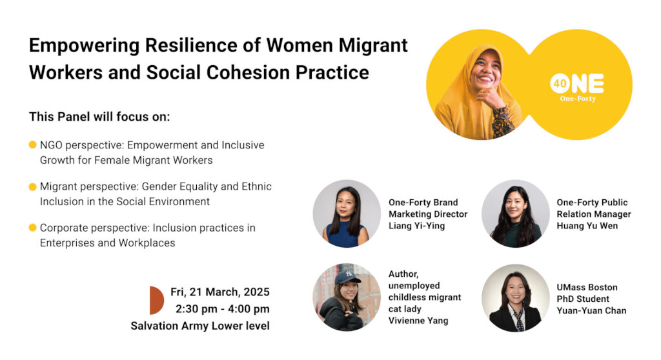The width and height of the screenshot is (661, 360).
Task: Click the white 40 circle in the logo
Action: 560,84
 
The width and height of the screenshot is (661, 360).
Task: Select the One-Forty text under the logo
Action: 578,99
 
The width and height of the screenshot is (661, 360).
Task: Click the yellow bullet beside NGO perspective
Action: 32,145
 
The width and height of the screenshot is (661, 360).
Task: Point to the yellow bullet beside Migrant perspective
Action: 32,186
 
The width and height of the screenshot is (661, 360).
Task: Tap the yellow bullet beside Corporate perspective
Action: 32,228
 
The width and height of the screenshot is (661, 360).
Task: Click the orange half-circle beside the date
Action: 156,301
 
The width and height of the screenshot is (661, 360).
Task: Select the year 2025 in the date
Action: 256,292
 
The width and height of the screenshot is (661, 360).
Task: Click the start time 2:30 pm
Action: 197,309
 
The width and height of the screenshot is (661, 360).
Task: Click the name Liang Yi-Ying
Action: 416,226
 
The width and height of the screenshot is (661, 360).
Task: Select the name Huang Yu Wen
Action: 587,226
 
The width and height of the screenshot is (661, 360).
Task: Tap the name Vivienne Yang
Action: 418,321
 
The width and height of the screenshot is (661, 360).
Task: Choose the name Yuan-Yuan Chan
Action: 591,311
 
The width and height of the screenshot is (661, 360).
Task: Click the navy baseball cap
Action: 347,277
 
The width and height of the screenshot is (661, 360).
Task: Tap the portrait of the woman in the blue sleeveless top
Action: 347,214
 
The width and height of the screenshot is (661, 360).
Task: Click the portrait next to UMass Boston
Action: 515,298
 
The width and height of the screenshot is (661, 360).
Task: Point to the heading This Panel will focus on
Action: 99,117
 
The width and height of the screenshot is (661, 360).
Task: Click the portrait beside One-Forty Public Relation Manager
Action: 515,214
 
